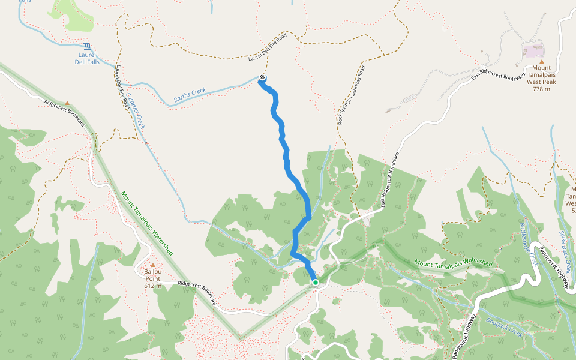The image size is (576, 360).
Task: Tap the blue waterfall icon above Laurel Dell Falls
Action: (x=88, y=46)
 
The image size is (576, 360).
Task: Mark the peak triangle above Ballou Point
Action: (x=153, y=265)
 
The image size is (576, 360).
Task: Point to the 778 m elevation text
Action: (x=542, y=89)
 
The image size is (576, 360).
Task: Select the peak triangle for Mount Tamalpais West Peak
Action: (x=542, y=62)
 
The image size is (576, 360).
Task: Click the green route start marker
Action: (x=315, y=282)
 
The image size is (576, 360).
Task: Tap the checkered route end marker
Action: (x=262, y=77)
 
